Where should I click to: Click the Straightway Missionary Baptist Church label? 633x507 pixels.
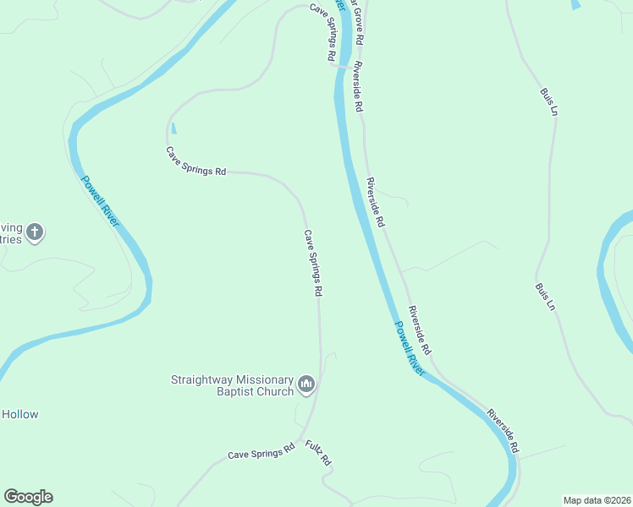[x=232, y=385]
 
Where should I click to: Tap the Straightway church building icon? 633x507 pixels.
[x=306, y=385]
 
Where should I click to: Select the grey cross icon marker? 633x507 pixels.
[x=35, y=232]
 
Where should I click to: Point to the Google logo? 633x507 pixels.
[x=28, y=497]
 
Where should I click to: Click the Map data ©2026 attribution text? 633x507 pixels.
[x=597, y=500]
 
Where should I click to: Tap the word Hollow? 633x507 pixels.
[x=19, y=414]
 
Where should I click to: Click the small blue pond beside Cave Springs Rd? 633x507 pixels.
[x=174, y=129]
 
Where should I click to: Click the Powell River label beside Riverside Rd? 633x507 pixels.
[x=409, y=347]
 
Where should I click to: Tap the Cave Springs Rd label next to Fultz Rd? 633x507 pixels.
[x=261, y=453]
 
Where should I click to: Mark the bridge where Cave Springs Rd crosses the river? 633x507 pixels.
[x=344, y=66]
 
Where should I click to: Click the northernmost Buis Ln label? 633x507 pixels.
[x=548, y=101]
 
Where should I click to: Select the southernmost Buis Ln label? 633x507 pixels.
[x=544, y=295]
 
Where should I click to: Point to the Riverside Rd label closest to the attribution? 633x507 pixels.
[x=503, y=430]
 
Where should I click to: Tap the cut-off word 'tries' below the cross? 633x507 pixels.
[x=9, y=239]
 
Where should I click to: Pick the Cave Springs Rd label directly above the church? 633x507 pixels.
[x=313, y=263]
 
